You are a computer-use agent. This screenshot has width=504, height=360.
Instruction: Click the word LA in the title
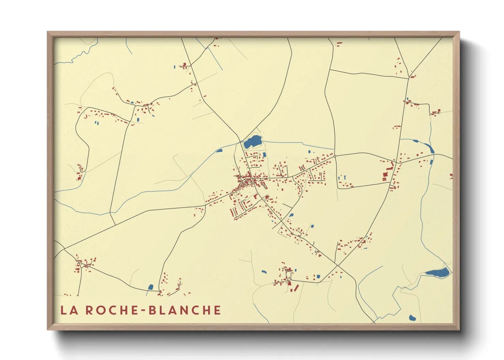click(69, 310)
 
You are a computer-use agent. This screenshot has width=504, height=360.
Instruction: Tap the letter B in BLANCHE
click(153, 310)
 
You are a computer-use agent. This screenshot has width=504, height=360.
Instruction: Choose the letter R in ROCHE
click(89, 310)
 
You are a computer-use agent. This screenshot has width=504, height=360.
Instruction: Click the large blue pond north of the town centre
click(252, 141)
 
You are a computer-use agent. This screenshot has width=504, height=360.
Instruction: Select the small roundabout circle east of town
click(335, 156)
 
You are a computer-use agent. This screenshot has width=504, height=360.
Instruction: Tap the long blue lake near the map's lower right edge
click(438, 272)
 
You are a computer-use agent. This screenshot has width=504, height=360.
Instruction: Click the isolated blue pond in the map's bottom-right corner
click(412, 318)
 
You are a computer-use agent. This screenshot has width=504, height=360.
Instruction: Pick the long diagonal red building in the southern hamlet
click(296, 288)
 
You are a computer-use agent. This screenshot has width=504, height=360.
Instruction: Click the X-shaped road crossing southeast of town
click(337, 265)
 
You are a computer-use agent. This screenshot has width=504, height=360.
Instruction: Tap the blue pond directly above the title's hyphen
click(151, 287)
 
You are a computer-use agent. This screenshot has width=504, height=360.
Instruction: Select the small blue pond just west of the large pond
click(219, 150)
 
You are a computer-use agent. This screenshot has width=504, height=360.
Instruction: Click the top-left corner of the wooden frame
click(47, 32)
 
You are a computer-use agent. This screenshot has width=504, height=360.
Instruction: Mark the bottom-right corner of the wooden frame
click(459, 330)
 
